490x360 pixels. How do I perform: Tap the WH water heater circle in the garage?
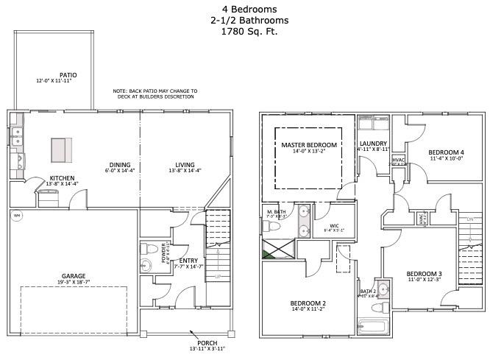click(17, 216)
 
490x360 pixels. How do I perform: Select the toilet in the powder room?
click(146, 248)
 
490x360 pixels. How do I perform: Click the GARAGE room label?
click(74, 276)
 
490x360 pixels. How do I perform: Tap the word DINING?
click(120, 165)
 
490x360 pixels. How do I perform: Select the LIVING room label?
click(185, 165)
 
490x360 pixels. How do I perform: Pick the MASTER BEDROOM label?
click(309, 145)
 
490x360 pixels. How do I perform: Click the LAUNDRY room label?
click(373, 144)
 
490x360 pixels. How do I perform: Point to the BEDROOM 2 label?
click(308, 303)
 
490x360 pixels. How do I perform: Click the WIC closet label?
click(333, 225)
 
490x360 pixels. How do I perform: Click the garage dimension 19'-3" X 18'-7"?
click(74, 283)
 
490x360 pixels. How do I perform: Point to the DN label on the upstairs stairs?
click(469, 220)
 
